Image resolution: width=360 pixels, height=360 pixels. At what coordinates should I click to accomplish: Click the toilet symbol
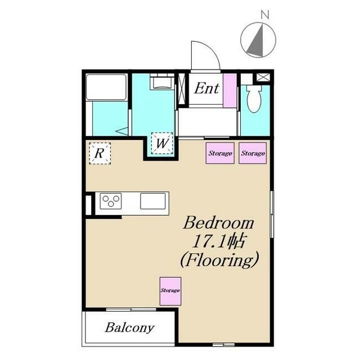(x=254, y=99)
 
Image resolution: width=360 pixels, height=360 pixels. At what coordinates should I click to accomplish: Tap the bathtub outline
(x=106, y=87)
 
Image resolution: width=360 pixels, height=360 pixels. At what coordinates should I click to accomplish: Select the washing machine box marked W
(x=162, y=143)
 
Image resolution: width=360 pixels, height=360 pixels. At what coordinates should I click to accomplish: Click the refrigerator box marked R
(x=100, y=154)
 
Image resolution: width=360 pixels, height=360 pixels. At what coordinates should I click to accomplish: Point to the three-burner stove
(x=111, y=201)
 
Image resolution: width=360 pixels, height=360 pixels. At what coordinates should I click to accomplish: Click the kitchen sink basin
(x=153, y=201)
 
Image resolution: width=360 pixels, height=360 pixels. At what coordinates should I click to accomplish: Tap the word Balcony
(x=130, y=328)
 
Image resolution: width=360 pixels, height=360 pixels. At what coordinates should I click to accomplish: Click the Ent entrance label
(x=206, y=89)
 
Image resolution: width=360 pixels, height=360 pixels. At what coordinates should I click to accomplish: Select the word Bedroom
(x=219, y=223)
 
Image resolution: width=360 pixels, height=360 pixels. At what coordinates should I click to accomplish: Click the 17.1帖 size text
(x=218, y=241)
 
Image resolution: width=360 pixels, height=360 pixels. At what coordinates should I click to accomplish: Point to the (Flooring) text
(x=219, y=260)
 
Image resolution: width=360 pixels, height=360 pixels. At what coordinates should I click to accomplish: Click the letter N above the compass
(x=265, y=15)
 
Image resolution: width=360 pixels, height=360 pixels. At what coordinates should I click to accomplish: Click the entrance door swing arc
(x=213, y=49)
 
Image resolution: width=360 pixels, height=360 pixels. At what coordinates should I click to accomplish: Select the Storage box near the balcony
(x=170, y=291)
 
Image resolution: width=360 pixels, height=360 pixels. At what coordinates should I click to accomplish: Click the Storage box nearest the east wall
(x=253, y=153)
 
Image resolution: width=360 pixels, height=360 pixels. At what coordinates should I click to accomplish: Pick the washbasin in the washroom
(x=162, y=82)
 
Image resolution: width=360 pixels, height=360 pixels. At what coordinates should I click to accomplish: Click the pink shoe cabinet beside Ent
(x=230, y=91)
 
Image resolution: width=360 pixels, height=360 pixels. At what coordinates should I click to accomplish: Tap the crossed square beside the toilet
(x=262, y=77)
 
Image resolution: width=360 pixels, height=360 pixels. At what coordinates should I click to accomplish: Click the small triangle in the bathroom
(x=122, y=132)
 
